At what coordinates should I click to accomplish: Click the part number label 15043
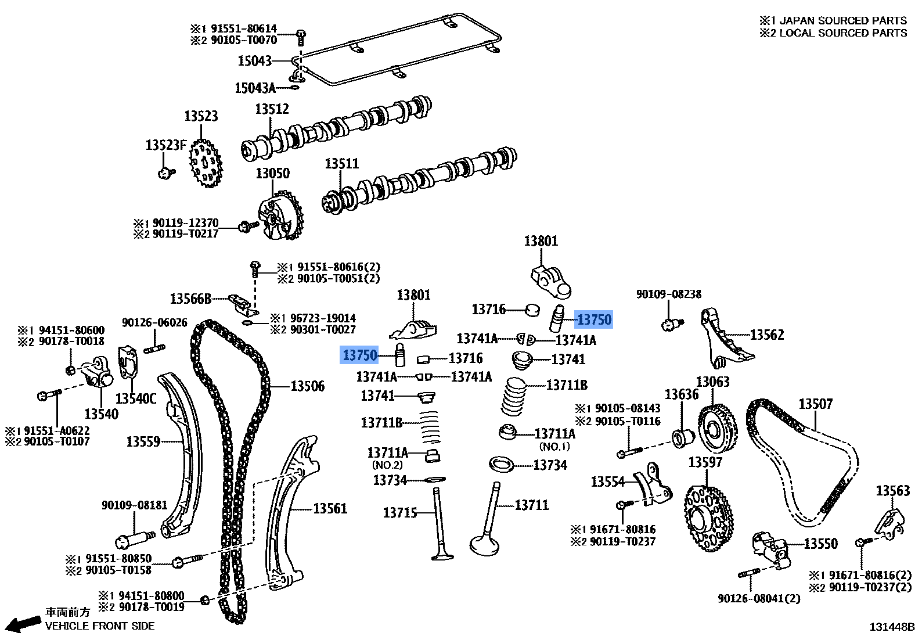tap(254, 60)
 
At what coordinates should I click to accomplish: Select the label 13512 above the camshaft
tap(272, 109)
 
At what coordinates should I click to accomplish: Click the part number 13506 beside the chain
tap(307, 386)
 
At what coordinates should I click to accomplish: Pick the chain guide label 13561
tap(330, 509)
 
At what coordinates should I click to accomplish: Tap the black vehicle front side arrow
tap(23, 624)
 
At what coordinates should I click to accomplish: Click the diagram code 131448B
tap(891, 627)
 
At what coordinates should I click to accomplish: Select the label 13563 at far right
tap(892, 491)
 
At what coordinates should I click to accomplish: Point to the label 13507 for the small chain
tap(815, 404)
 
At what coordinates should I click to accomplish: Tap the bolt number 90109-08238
tap(668, 294)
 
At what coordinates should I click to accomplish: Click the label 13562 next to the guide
tap(766, 335)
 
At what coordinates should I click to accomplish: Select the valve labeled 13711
tap(486, 523)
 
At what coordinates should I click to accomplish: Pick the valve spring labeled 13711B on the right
tap(513, 397)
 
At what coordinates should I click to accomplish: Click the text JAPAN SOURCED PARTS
tap(842, 21)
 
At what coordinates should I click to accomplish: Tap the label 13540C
tap(136, 398)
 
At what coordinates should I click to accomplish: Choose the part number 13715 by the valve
tap(400, 513)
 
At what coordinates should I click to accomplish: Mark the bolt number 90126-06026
tap(154, 323)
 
